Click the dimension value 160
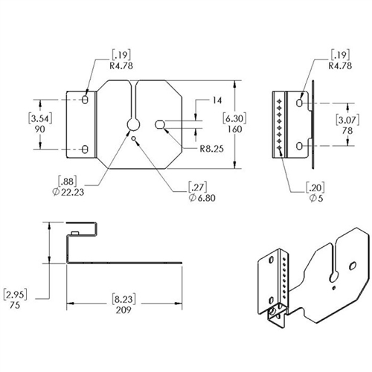coord(234,129)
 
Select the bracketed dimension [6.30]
coord(234,118)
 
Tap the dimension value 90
coord(40,129)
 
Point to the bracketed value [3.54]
coord(40,118)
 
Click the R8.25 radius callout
coord(212,149)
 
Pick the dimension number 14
coord(217,100)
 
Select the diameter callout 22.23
coord(68,192)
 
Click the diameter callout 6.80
coord(202,198)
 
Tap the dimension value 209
coord(124,310)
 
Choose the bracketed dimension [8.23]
coord(124,299)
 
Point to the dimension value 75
coord(15,305)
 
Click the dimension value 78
coord(347,131)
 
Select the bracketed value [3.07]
coord(347,121)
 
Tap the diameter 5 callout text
coord(316,198)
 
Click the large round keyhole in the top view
coord(133,124)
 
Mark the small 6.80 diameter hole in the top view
coord(134,138)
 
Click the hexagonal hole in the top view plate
coord(160,124)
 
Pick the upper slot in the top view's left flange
coord(85,100)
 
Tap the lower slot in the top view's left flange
coord(85,150)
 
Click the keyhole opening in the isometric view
coord(334,277)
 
